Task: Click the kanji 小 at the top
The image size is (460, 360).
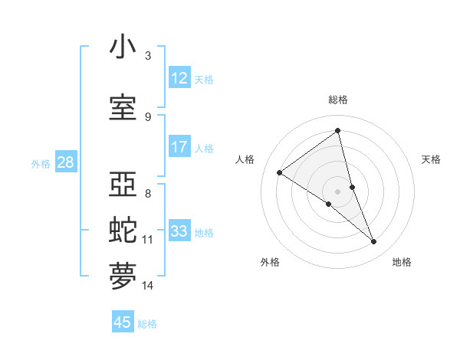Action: coord(123,47)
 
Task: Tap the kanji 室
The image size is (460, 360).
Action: coord(123,108)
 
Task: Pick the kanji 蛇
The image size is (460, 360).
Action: coord(123,231)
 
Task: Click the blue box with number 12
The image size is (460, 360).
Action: coord(179,78)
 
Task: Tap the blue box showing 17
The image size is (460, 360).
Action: coord(179,147)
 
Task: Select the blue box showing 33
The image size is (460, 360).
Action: coord(179,231)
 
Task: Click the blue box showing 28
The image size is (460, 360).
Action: coord(65,162)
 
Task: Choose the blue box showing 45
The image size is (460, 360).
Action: coord(123,322)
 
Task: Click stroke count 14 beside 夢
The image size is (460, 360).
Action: coord(148,286)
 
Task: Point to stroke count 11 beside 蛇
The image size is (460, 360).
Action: coord(148,240)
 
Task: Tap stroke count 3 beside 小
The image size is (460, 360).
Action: coord(148,56)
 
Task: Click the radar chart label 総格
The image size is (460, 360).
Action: coord(338,100)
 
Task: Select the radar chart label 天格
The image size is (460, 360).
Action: coord(432,159)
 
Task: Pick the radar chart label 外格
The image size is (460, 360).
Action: coord(270,262)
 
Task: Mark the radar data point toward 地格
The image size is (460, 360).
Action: coord(374,242)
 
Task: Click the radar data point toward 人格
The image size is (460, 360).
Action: coord(280,172)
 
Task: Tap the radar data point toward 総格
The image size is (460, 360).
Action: coord(337,131)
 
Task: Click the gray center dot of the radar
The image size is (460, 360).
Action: coord(337,191)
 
